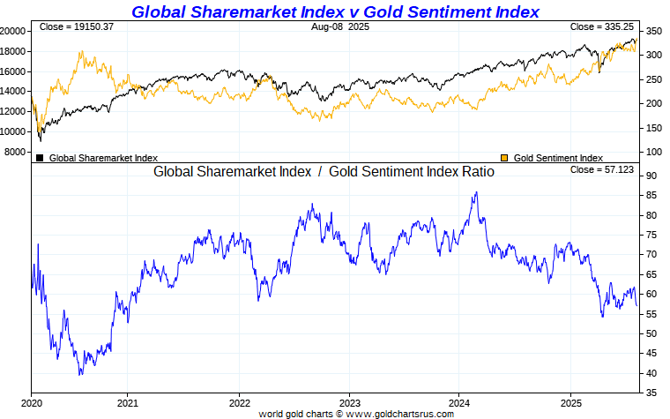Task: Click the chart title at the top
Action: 335,11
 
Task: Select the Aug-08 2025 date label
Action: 340,27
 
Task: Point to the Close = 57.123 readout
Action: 603,169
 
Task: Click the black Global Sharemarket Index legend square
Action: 40,158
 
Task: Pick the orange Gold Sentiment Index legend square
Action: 504,158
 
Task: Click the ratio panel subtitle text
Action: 324,172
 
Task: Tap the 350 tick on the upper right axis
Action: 653,31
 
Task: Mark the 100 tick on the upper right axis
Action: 653,152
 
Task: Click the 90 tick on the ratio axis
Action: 651,176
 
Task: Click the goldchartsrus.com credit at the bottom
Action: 356,413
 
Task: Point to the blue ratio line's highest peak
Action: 476,192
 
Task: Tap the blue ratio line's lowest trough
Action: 80,375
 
